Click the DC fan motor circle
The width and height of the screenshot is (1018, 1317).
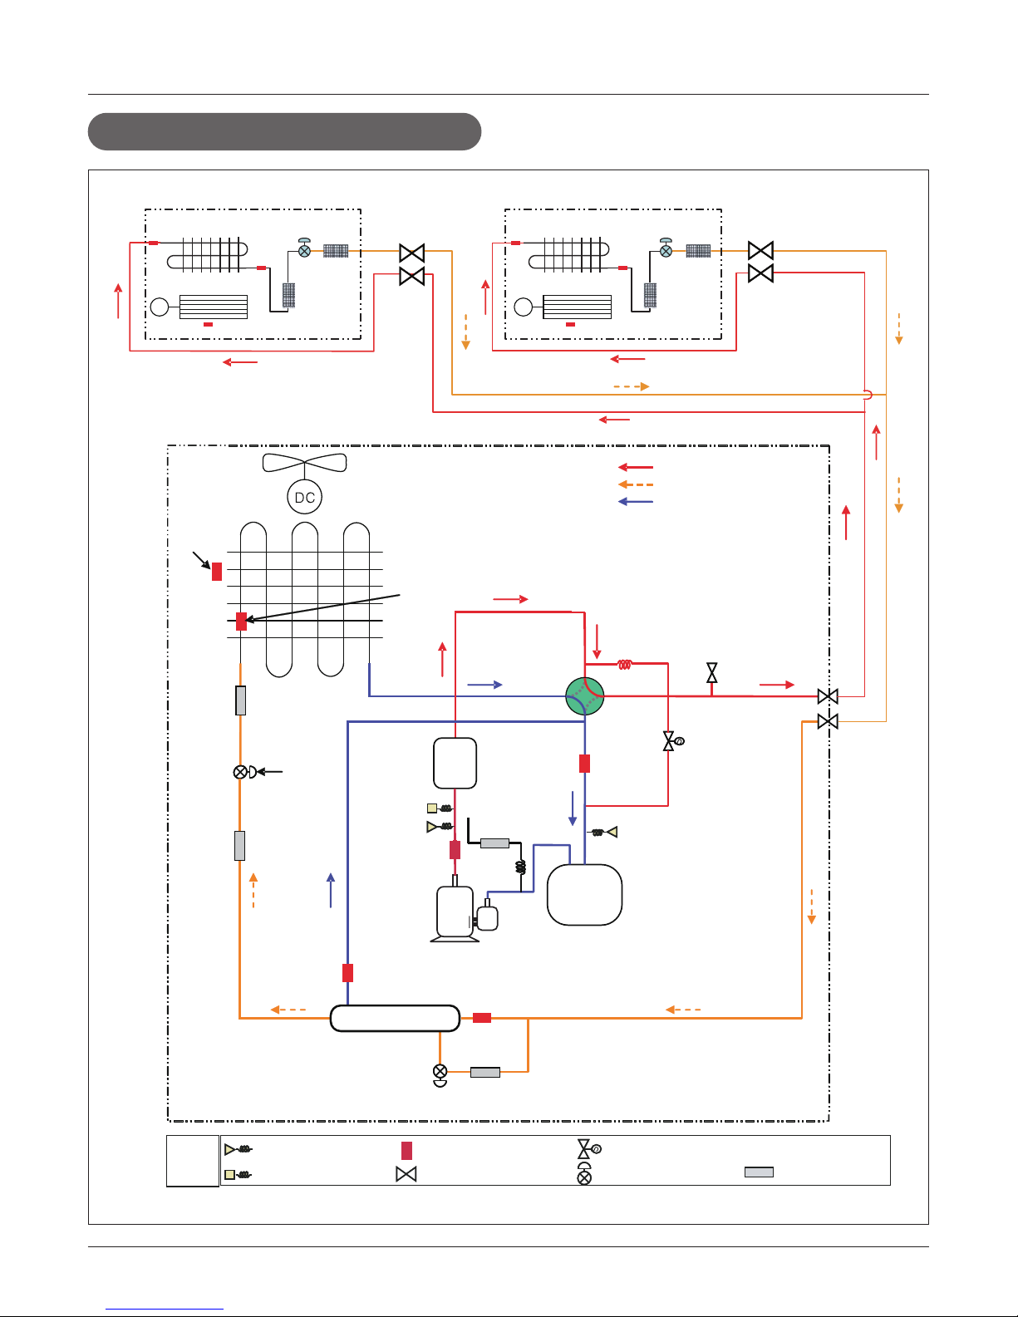point(304,497)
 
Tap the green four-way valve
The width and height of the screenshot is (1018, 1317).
point(585,696)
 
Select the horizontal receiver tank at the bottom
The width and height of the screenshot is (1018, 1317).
point(395,1018)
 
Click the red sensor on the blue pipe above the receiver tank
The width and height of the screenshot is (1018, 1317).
point(348,973)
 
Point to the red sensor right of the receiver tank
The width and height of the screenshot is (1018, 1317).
point(482,1018)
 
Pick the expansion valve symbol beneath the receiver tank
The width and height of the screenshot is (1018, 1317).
point(440,1075)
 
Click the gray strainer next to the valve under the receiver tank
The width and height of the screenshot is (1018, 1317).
point(485,1072)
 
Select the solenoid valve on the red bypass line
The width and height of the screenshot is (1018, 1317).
point(672,740)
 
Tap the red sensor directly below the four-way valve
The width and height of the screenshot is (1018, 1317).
point(585,764)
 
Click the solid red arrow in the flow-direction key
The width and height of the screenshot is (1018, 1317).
point(636,467)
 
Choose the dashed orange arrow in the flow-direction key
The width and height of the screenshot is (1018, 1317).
point(636,484)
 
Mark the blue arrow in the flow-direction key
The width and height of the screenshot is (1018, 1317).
point(636,501)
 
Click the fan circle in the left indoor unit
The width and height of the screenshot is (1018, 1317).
point(160,307)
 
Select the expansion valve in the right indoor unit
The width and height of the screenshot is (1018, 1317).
point(666,248)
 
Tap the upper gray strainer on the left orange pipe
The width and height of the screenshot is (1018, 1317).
point(240,700)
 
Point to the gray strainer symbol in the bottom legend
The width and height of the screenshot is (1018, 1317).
point(759,1172)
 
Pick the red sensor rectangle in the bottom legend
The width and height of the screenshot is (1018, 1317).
point(406,1150)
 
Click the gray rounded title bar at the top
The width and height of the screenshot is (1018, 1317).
point(285,131)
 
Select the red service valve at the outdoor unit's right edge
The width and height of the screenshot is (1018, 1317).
point(828,696)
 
